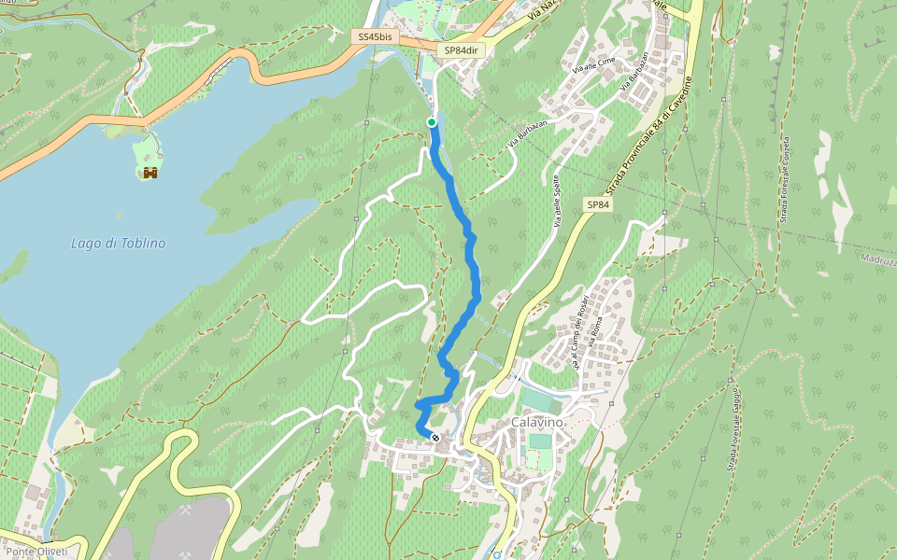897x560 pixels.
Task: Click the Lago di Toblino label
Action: click(x=118, y=243)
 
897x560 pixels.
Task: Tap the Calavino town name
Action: click(x=537, y=423)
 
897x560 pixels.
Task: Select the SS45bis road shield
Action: click(x=376, y=36)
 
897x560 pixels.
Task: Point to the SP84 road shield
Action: click(x=598, y=203)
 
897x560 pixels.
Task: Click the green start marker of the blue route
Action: click(x=432, y=122)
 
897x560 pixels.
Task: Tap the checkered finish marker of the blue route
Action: click(x=435, y=437)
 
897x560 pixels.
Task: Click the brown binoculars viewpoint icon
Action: click(x=149, y=172)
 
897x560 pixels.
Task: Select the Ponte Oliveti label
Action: click(x=37, y=552)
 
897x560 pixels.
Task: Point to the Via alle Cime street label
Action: click(x=595, y=64)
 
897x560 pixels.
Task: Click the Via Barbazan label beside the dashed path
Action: click(x=527, y=134)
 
